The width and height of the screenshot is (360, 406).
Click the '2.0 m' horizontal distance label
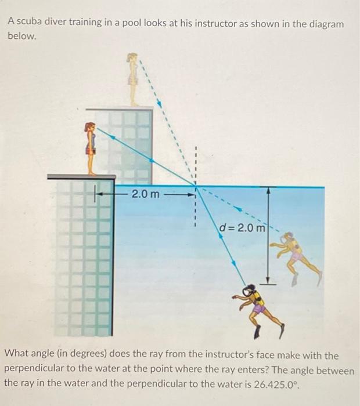click(145, 193)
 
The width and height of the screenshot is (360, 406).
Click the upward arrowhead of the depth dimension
click(268, 190)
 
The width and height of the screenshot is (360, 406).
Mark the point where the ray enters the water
click(195, 187)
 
